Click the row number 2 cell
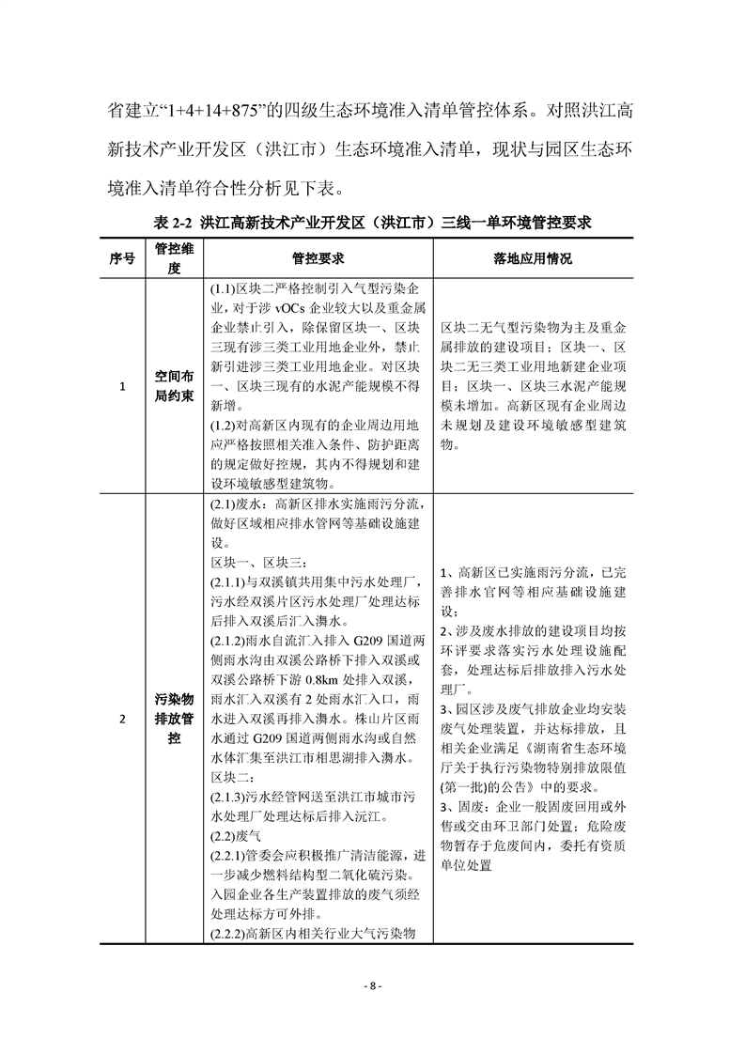coord(123,720)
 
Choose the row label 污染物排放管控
coord(174,720)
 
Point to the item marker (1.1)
coord(222,290)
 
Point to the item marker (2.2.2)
coord(228,933)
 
